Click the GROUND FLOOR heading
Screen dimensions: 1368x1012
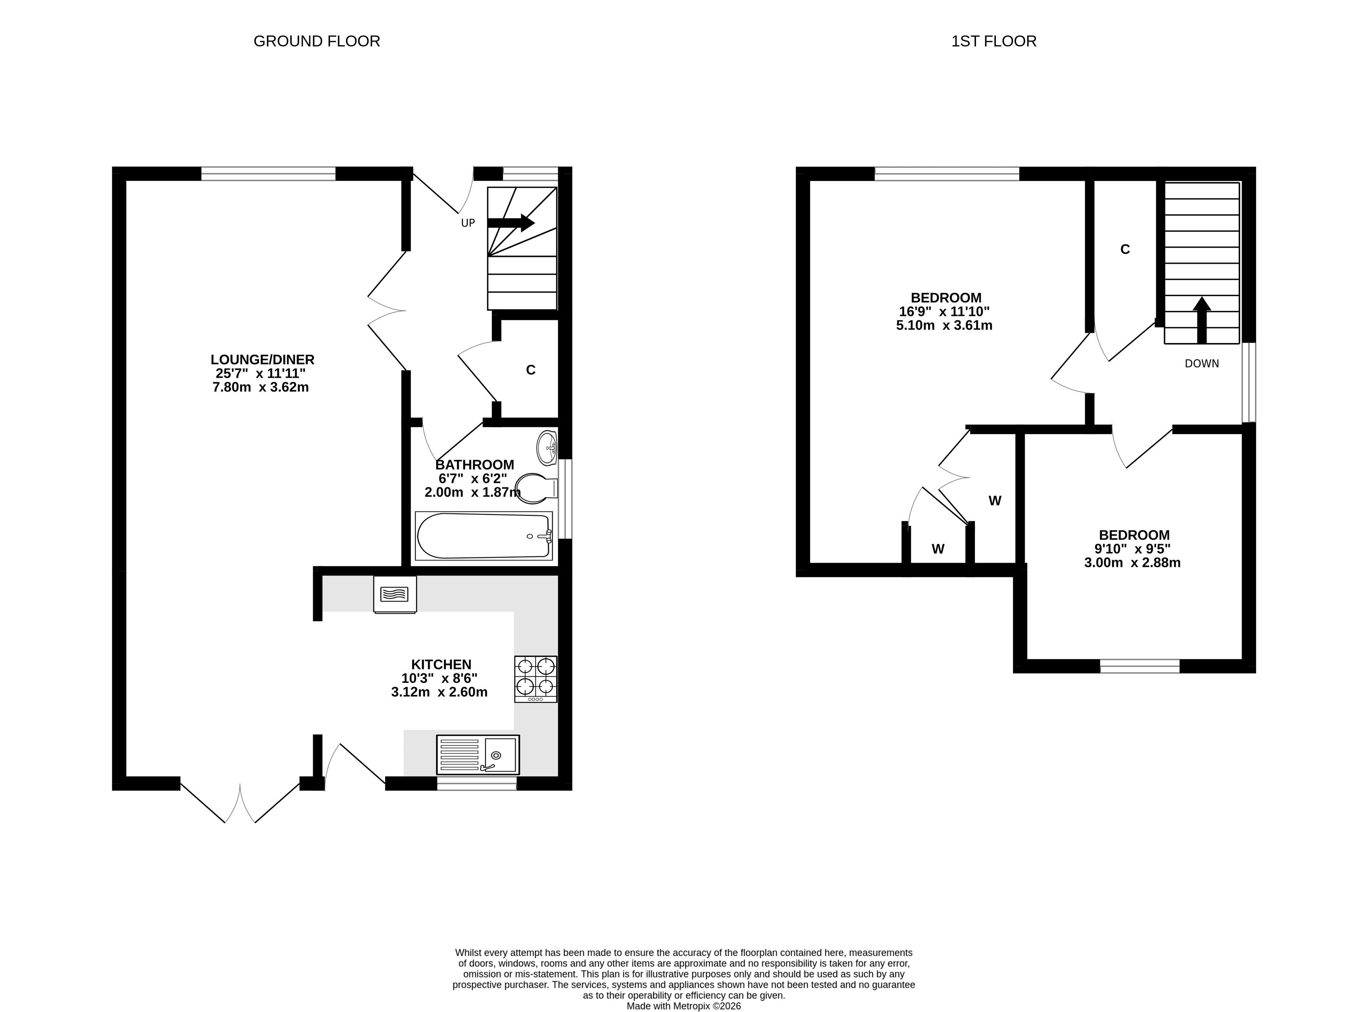(x=317, y=41)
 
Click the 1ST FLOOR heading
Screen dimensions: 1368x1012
(x=994, y=41)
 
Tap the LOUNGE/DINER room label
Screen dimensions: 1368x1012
(x=262, y=360)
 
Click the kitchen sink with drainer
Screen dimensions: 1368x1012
(x=477, y=755)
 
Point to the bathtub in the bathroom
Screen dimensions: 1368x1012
(x=484, y=536)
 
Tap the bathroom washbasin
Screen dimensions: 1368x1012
(x=546, y=448)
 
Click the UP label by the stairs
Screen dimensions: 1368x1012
(x=468, y=223)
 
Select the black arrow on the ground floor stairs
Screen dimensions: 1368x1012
(x=511, y=223)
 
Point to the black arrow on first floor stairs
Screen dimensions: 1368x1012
(x=1201, y=320)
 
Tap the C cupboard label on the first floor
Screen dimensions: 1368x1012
(x=1125, y=249)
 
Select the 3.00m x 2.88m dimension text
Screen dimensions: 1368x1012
(x=1132, y=562)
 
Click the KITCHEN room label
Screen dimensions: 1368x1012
(x=441, y=665)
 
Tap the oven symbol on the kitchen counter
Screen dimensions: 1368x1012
(x=395, y=594)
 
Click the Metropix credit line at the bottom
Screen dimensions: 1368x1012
(x=684, y=1006)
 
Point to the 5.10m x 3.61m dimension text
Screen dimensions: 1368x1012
(x=944, y=325)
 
